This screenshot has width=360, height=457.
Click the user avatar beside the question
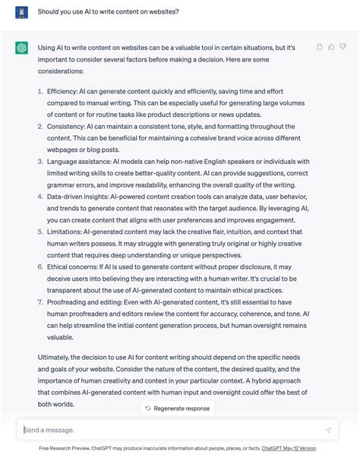[x=21, y=13]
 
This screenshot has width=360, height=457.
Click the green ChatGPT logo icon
[x=21, y=48]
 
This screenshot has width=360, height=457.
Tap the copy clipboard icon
[x=319, y=47]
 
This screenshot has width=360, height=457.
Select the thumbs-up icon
[x=331, y=47]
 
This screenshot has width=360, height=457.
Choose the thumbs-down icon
[x=343, y=47]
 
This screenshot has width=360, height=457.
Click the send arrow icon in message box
[x=328, y=430]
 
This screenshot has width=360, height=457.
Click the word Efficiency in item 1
[x=62, y=91]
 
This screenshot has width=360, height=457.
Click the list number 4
[x=39, y=196]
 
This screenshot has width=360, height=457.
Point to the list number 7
[x=39, y=302]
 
